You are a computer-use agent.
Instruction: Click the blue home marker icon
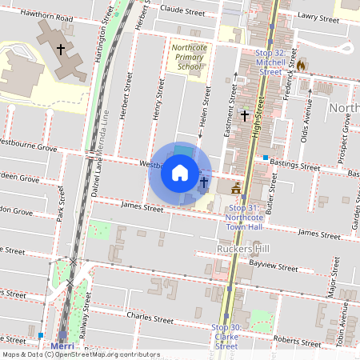(x=180, y=173)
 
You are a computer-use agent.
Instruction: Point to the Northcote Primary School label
(x=188, y=57)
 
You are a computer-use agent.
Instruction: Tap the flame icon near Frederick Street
(x=302, y=65)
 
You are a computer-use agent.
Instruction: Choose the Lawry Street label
(x=314, y=15)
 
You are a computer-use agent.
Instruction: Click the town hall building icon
(x=236, y=188)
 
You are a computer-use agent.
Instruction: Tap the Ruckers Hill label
(x=243, y=249)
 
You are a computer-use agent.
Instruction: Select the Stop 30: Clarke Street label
(x=226, y=336)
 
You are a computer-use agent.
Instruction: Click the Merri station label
(x=62, y=346)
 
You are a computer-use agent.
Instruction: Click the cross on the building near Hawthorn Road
(x=61, y=49)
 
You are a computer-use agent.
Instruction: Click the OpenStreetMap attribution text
(x=81, y=354)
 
